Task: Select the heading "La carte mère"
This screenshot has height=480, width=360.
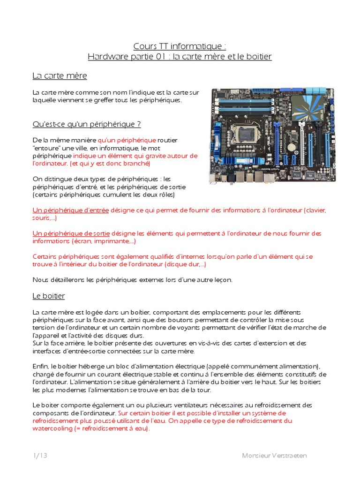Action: pos(60,75)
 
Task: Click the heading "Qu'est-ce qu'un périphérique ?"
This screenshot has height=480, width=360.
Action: pos(86,124)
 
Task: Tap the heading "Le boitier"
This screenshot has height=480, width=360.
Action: pos(48,296)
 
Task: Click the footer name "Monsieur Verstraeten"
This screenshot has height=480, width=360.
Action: pos(275,456)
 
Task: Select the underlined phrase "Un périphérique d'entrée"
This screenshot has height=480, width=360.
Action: pos(70,210)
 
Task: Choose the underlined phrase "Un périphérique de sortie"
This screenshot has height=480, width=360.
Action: pos(71,233)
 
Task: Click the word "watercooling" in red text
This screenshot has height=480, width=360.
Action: pos(52,429)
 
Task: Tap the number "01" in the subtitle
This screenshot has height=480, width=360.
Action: pos(160,57)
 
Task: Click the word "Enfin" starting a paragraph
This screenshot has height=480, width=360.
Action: pos(40,366)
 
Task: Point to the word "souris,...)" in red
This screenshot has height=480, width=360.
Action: pos(45,218)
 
